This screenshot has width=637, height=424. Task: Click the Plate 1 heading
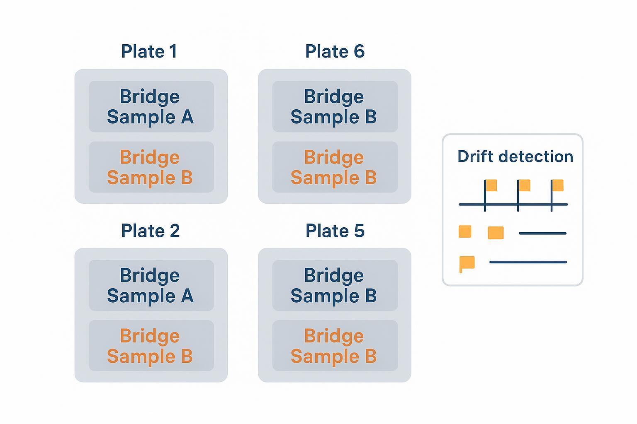coord(149,52)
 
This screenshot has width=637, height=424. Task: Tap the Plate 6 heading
coord(335,52)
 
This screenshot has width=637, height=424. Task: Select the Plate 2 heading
coord(150,231)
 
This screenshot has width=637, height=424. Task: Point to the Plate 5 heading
coord(335,231)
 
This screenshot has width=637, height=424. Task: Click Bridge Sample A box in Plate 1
coord(151,107)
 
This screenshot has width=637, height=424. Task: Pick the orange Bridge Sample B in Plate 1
coord(151,167)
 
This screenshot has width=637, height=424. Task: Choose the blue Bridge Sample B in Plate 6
coord(335,107)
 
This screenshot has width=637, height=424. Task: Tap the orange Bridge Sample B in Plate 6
coord(335,167)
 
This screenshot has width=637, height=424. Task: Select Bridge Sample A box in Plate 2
coord(151,286)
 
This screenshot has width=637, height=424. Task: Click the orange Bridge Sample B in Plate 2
coord(151,346)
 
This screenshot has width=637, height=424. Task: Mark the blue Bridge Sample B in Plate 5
coord(335,286)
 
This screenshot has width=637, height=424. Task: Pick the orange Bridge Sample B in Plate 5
coord(335,346)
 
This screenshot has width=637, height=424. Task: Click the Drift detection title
coord(515,157)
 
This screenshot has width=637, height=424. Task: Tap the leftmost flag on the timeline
coord(491,185)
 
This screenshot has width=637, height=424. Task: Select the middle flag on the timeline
coord(524,185)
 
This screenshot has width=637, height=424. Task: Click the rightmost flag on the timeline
coord(557,185)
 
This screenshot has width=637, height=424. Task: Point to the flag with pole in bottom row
coord(467,263)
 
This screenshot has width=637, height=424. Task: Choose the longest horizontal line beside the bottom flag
coord(528,262)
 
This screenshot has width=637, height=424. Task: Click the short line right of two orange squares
coord(542,233)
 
